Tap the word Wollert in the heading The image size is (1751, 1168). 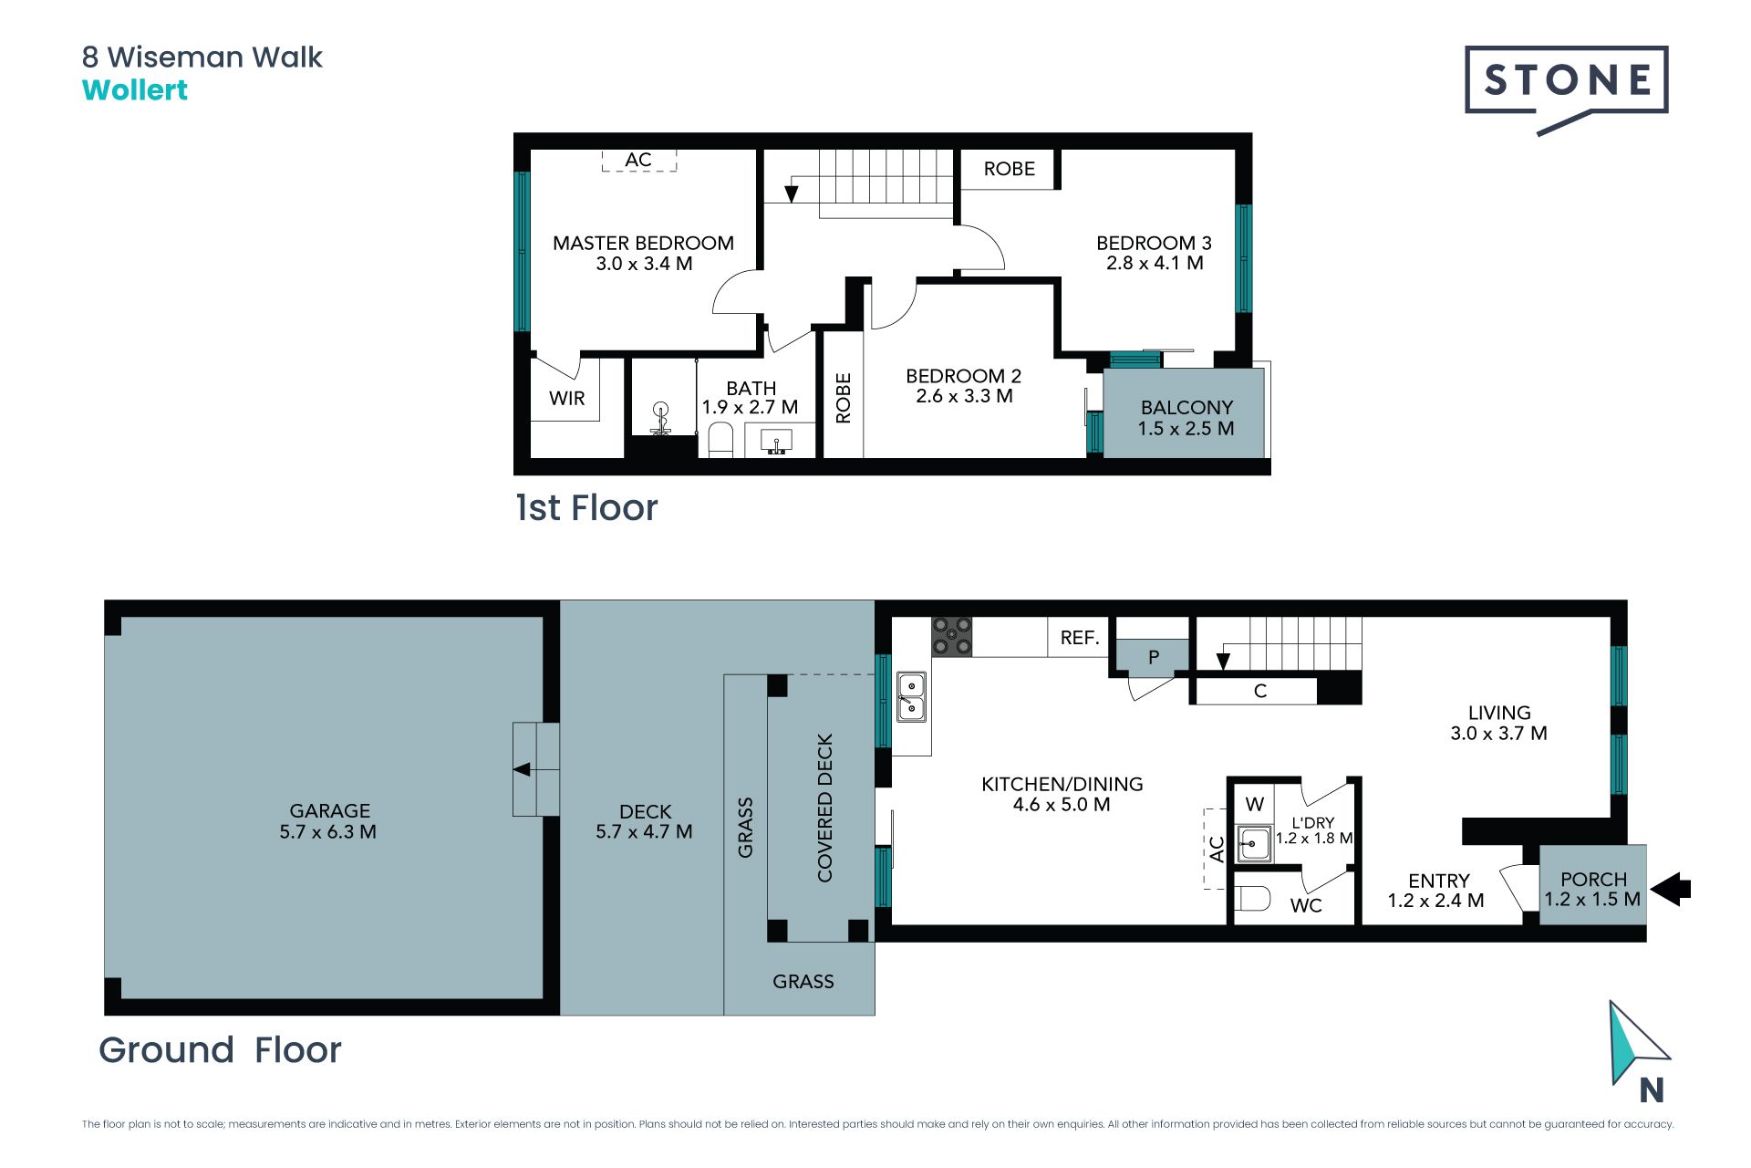(135, 90)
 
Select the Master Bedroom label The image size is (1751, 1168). (643, 243)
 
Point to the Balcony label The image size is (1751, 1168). (1186, 407)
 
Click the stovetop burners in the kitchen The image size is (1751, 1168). (951, 636)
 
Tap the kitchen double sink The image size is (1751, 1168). (911, 696)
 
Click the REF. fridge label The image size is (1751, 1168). (1080, 638)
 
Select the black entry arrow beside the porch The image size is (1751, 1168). (1671, 889)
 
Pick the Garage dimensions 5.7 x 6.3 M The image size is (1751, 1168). (328, 831)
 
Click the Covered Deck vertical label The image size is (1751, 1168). (825, 808)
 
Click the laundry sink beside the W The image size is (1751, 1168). (1254, 843)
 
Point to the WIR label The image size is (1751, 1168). (567, 398)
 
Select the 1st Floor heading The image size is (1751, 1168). (586, 507)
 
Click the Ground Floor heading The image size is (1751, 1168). (220, 1049)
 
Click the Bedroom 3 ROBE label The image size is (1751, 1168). (1009, 169)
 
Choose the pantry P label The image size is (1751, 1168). (1154, 656)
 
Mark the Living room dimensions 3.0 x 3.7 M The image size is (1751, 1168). (1498, 733)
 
